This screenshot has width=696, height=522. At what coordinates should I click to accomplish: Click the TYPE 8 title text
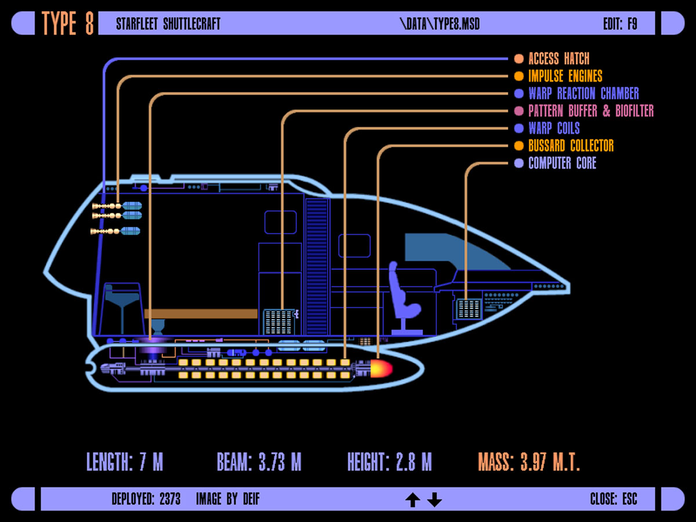(x=68, y=23)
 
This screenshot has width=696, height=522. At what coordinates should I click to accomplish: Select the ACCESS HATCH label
(x=559, y=59)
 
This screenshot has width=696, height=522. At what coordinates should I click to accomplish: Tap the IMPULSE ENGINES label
(x=565, y=76)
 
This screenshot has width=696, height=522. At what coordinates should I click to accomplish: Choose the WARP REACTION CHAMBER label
(x=583, y=93)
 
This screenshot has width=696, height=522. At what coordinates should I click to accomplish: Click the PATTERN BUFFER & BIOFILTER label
(x=590, y=111)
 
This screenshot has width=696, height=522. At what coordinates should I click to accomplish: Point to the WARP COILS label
(x=554, y=128)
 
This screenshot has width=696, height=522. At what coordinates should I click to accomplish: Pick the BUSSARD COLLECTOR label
(x=571, y=146)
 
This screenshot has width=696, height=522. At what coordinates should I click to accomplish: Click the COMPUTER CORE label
(x=562, y=163)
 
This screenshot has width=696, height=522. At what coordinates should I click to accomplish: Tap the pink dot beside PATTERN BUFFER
(x=519, y=111)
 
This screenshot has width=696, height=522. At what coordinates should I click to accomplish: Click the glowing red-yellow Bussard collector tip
(x=382, y=368)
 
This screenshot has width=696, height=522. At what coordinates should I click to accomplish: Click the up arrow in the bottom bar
(x=412, y=499)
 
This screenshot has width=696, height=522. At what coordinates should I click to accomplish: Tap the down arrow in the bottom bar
(x=434, y=499)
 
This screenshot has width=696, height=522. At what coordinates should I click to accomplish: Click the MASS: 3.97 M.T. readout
(x=529, y=462)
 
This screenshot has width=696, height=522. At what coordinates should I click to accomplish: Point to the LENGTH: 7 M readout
(x=125, y=462)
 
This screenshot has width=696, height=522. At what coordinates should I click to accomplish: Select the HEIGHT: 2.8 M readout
(x=389, y=462)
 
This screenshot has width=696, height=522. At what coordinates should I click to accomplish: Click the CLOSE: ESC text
(x=613, y=499)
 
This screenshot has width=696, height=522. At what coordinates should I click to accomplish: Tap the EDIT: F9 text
(x=620, y=24)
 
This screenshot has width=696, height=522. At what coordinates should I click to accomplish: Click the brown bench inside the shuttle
(x=201, y=314)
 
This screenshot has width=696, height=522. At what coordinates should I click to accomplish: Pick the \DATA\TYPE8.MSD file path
(x=440, y=24)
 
